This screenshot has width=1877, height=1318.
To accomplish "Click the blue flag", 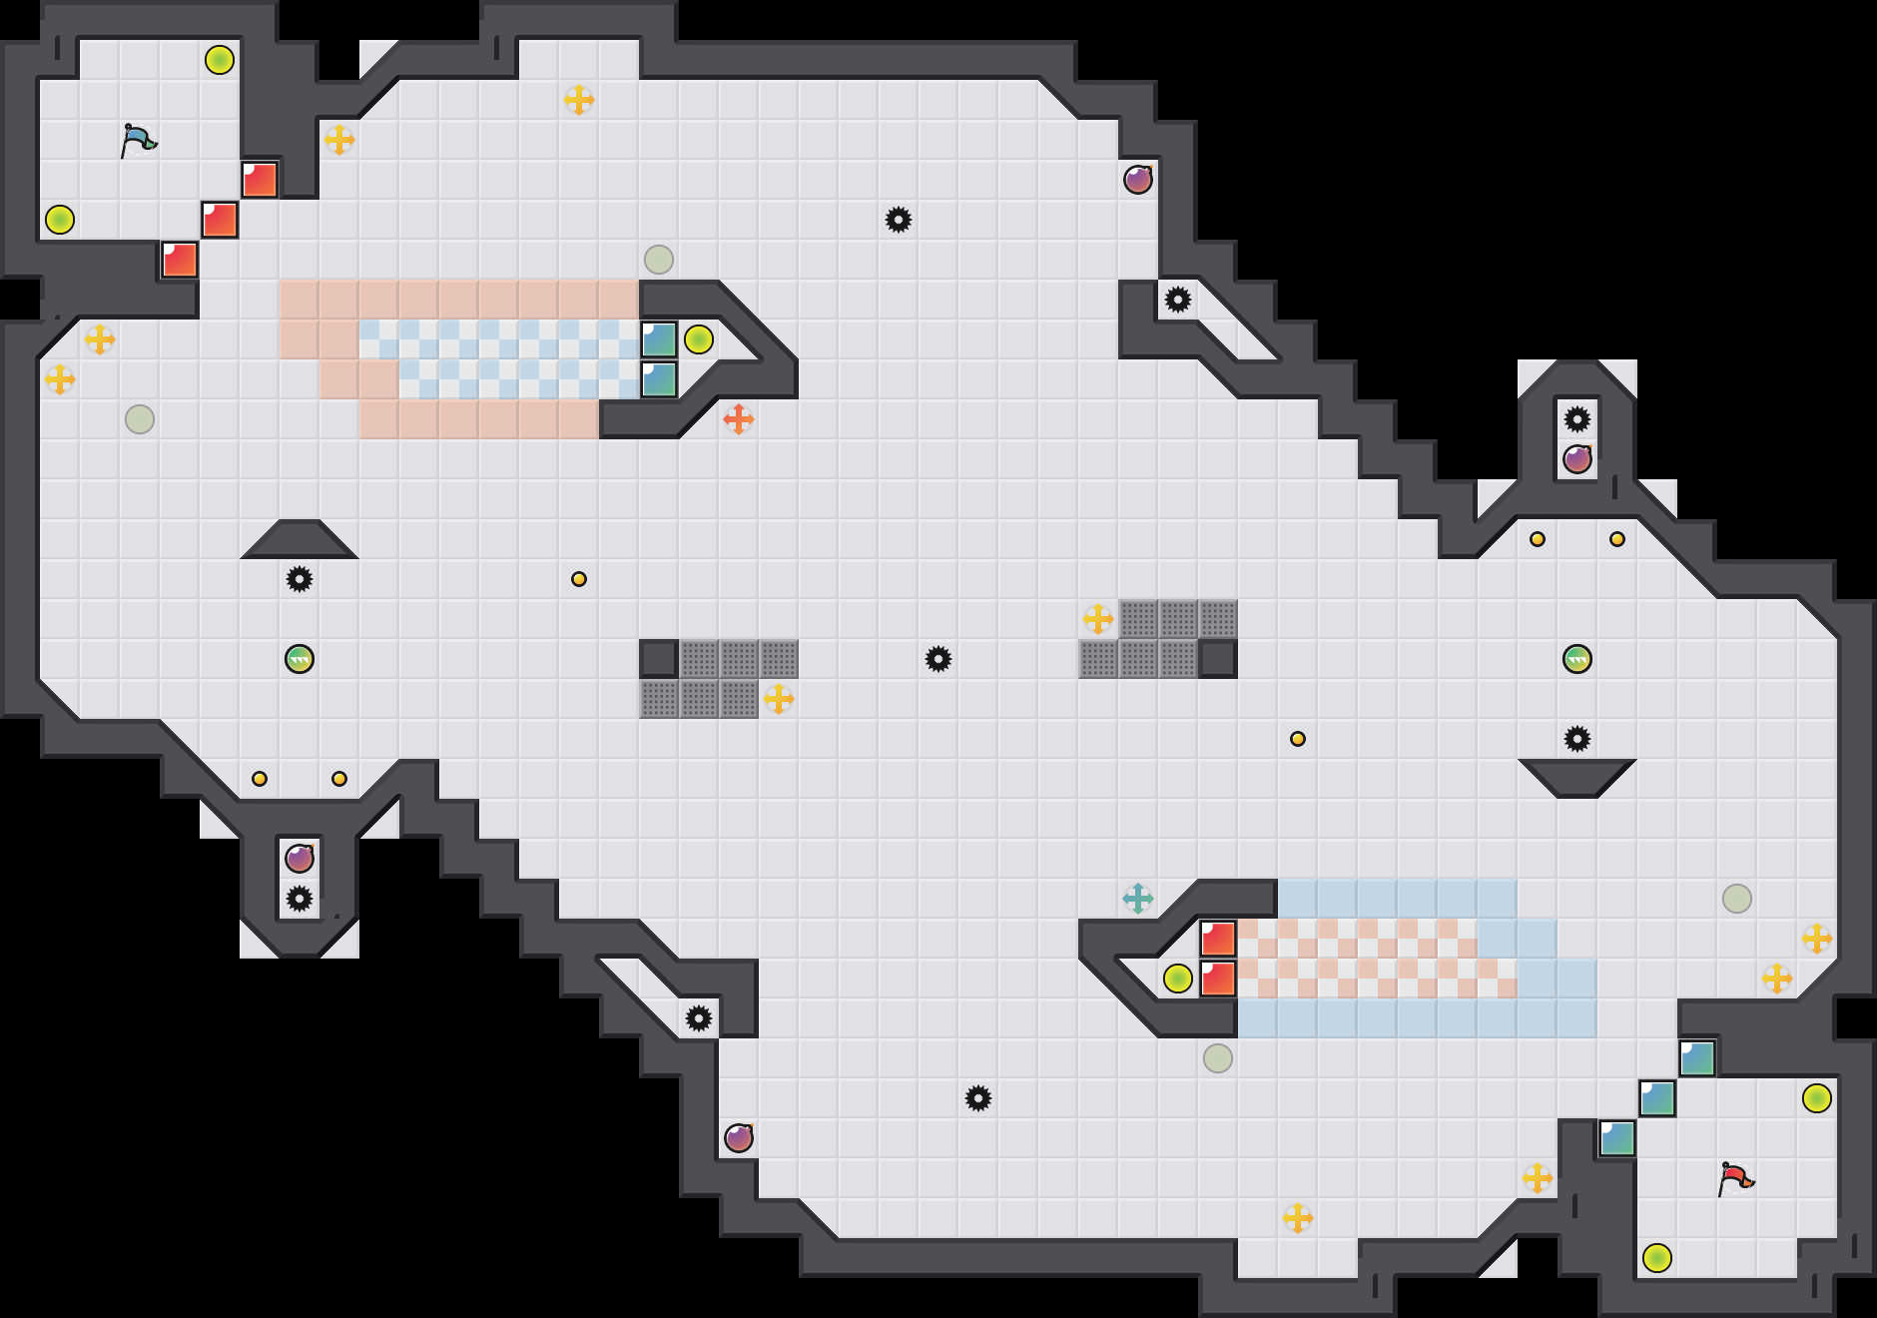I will point(138,141).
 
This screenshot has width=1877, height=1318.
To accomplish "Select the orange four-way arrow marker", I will point(739,419).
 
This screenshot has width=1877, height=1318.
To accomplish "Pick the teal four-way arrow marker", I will point(1138,899).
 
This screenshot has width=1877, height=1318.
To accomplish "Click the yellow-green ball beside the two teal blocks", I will point(699,339).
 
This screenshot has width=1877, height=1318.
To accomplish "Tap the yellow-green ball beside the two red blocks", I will point(1178,979).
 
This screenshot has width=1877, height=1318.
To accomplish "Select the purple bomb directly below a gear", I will point(1577,459).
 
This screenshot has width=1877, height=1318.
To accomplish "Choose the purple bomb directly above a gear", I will point(300,859).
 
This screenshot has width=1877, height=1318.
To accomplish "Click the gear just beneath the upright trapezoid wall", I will point(300,579).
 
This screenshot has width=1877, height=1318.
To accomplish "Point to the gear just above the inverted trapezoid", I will point(1577,739).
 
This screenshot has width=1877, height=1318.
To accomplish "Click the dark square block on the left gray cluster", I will point(659,659).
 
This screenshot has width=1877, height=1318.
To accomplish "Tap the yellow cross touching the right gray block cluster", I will point(1098,619).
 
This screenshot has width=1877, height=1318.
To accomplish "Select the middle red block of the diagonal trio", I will point(220,220).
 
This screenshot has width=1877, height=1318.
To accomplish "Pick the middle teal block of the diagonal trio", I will point(1657,1098).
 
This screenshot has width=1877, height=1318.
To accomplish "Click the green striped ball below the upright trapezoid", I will point(300,659).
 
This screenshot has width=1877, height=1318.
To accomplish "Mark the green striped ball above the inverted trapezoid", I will point(1577,659).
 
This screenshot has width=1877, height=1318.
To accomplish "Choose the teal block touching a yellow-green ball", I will point(659,339).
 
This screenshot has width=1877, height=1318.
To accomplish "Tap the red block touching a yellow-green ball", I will point(1218,979).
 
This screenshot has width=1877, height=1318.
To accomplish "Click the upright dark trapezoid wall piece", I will point(300,540).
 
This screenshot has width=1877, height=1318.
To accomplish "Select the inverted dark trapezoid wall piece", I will point(1577,777).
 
